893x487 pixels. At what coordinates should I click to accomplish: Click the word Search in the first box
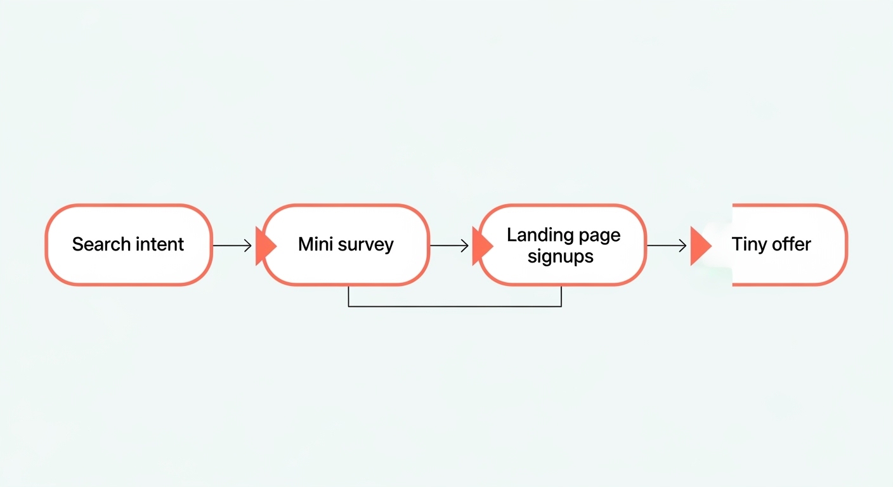(100, 244)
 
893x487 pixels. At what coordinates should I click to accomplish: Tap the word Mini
(314, 244)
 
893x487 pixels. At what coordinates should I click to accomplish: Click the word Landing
(535, 235)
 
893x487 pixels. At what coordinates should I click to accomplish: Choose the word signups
(561, 256)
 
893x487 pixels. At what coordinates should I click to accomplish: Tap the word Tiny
(749, 245)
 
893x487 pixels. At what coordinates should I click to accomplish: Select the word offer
(792, 244)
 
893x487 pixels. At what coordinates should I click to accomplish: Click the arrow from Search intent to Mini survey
(232, 245)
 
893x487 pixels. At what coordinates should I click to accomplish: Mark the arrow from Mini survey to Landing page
(449, 245)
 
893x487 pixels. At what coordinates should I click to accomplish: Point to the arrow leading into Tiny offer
(667, 245)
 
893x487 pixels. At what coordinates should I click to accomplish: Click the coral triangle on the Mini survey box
(264, 245)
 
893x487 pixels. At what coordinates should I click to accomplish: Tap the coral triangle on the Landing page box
(481, 245)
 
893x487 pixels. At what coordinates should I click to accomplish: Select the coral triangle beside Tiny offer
(700, 245)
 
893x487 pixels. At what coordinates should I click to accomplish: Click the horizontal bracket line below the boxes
(455, 306)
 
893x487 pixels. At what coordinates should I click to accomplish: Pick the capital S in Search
(77, 244)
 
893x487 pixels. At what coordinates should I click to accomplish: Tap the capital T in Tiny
(737, 244)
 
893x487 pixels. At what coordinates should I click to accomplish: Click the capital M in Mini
(305, 244)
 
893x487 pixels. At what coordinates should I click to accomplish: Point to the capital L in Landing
(511, 235)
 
